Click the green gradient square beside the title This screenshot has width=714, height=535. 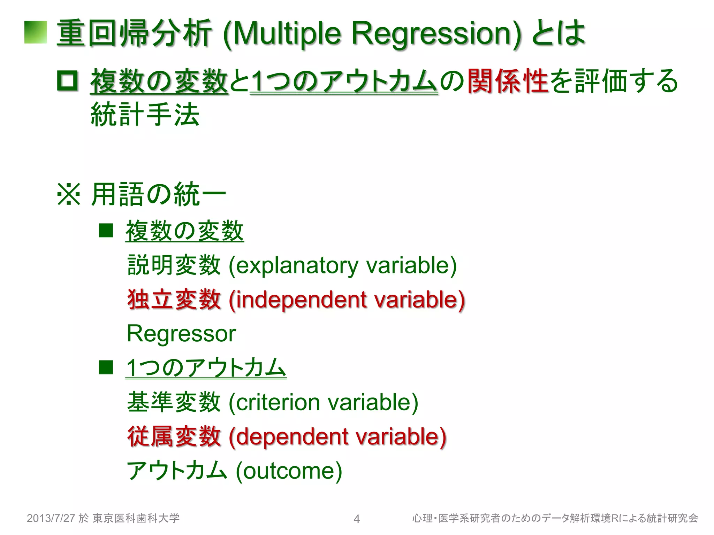pos(36,32)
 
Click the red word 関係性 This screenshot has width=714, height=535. pos(507,81)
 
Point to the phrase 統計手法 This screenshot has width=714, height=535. pos(145,114)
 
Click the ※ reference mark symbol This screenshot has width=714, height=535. pos(69,194)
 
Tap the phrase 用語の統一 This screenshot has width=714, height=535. pos(159,194)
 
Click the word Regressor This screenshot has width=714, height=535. pos(181,334)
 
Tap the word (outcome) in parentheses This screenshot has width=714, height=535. pos(289,471)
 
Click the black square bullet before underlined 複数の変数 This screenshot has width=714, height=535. pos(106,231)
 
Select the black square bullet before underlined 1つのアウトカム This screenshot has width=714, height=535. pos(106,367)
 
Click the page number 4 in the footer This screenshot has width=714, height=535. pos(356,519)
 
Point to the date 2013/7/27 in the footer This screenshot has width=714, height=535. pos(51,518)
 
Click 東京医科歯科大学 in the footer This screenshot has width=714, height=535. pos(136,518)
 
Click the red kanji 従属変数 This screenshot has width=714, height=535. pos(174,436)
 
